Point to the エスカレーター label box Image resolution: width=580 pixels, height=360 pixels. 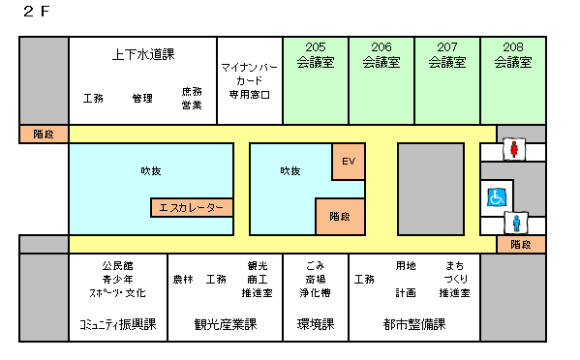pyautogui.click(x=192, y=208)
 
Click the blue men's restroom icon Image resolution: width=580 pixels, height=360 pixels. pyautogui.click(x=516, y=223)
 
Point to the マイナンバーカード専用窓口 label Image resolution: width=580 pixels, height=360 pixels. pyautogui.click(x=250, y=80)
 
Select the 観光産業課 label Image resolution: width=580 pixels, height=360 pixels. pyautogui.click(x=224, y=324)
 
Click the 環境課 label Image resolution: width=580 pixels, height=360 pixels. pyautogui.click(x=315, y=324)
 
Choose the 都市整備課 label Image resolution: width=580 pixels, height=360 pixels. pyautogui.click(x=413, y=324)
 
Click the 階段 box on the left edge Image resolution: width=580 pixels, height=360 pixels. pyautogui.click(x=44, y=134)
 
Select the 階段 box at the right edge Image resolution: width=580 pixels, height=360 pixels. pyautogui.click(x=521, y=245)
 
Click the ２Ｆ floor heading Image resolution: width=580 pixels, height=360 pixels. pyautogui.click(x=37, y=12)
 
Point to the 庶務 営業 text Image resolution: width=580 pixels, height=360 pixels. pyautogui.click(x=192, y=99)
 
